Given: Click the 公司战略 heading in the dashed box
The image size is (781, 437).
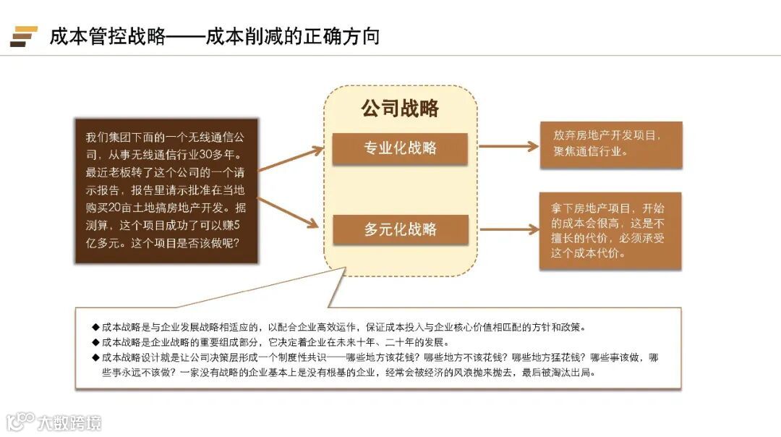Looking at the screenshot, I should point(400,109).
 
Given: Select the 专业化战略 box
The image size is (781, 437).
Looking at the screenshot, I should point(400,148).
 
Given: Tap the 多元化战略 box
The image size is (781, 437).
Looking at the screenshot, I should point(400,229).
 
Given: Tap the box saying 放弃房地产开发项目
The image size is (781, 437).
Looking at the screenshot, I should point(610,143).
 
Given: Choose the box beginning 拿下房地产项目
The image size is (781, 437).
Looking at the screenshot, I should point(610,230).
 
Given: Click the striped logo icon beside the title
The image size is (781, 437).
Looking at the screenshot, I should point(24,36).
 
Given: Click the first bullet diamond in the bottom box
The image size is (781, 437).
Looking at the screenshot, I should point(95,327).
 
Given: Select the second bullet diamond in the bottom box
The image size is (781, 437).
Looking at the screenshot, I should point(95,342).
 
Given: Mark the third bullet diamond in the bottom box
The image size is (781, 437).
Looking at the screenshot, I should point(95,357).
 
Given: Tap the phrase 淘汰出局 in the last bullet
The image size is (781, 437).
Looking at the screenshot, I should point(572,373).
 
